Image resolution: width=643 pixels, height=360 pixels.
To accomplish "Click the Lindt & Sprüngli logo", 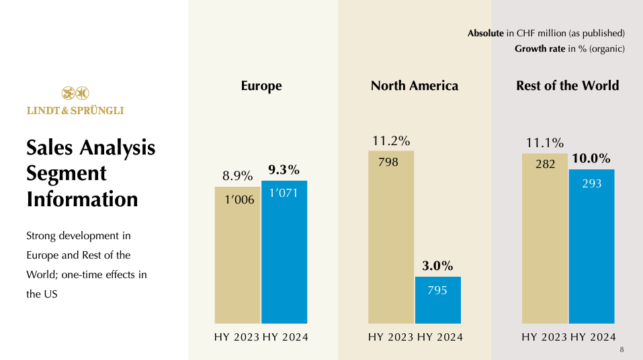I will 75,101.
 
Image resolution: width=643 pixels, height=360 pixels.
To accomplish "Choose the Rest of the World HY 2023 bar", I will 544,242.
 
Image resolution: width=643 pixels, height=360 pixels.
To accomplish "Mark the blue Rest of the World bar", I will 591,249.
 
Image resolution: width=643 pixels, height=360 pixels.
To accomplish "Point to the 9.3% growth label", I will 284,169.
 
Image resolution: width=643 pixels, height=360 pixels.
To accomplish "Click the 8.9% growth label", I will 238,176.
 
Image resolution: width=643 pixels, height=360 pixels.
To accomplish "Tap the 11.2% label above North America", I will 391,141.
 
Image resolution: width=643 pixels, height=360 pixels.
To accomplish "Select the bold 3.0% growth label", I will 437,265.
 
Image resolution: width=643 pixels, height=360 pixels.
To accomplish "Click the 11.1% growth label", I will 545,142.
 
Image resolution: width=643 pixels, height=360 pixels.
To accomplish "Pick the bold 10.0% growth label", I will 591,159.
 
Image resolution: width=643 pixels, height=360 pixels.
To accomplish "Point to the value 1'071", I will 284,193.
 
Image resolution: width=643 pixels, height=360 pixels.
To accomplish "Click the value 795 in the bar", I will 437,290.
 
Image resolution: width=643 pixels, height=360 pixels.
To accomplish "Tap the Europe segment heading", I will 261,86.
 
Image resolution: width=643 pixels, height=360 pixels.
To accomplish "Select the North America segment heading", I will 415,86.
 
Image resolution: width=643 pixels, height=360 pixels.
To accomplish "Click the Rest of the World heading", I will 568,86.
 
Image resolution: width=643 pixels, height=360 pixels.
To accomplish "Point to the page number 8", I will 621,350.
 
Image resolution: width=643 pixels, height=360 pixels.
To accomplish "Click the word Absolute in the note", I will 485,33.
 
